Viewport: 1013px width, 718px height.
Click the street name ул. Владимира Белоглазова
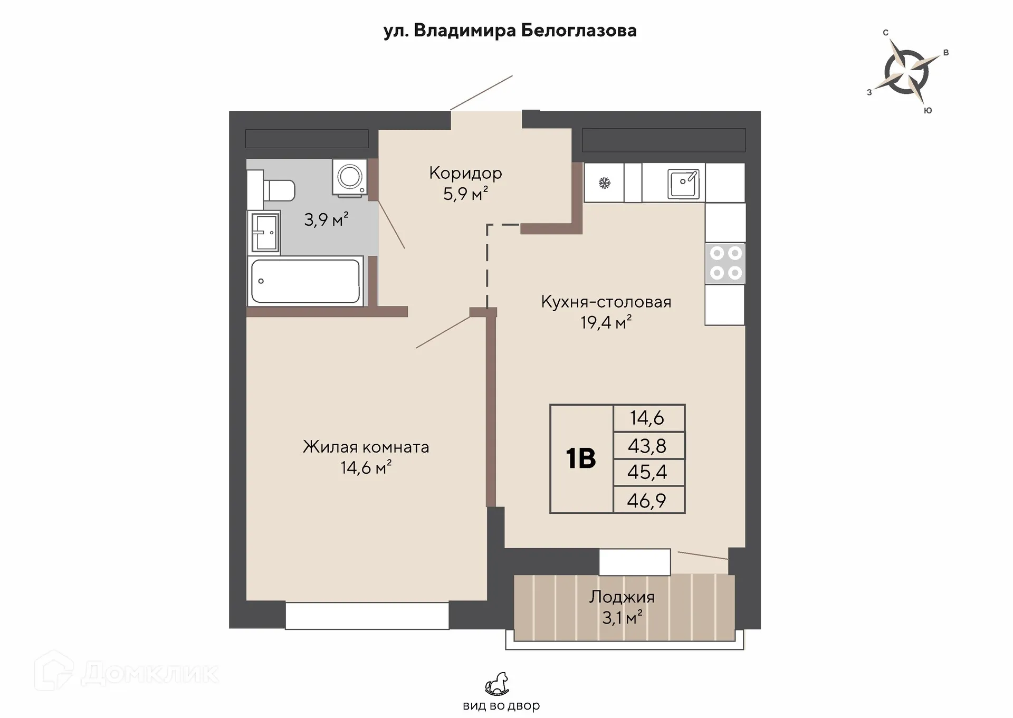point(510,31)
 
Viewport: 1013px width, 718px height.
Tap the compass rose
point(906,72)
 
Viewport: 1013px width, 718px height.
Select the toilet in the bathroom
point(271,190)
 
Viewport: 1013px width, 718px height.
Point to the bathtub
point(305,281)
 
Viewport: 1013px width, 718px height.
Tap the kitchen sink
point(683,184)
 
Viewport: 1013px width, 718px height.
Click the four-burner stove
point(725,263)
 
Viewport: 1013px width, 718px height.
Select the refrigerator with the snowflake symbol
point(604,183)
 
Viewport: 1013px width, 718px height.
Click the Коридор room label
point(465,173)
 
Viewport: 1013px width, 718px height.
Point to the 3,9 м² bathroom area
point(326,219)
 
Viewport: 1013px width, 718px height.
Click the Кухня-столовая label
point(606,302)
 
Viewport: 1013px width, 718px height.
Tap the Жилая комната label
point(366,447)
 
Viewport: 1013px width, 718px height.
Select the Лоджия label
point(622,597)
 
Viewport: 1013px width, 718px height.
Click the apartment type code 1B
point(581,458)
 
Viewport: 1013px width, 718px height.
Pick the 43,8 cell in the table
point(647,446)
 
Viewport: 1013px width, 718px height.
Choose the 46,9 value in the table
point(647,500)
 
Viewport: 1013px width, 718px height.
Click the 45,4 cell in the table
point(647,472)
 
